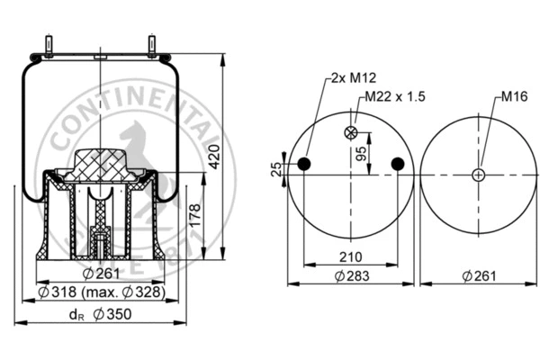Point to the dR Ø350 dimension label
(x=100, y=314)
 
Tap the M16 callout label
(x=513, y=96)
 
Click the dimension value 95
(x=362, y=153)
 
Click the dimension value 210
(x=351, y=256)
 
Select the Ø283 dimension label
(x=351, y=275)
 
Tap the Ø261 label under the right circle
(x=478, y=275)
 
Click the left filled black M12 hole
(x=304, y=164)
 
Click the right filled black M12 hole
(x=398, y=164)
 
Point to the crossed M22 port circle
(x=351, y=134)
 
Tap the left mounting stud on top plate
(x=45, y=45)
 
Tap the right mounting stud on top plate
(x=151, y=45)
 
